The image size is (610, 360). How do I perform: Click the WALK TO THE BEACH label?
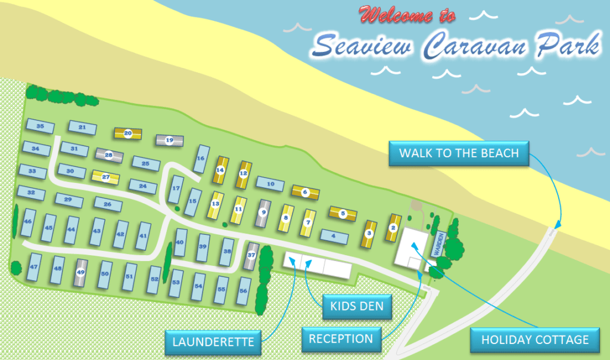pyautogui.click(x=459, y=153)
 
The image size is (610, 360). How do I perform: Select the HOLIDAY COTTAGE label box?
pyautogui.click(x=534, y=340)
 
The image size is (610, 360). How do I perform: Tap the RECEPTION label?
pyautogui.click(x=341, y=339)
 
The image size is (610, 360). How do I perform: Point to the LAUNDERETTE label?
pyautogui.click(x=213, y=342)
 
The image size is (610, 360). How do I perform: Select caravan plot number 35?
pyautogui.click(x=41, y=126)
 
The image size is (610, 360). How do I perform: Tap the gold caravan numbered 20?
pyautogui.click(x=128, y=134)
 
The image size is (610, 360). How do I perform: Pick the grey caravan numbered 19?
pyautogui.click(x=169, y=141)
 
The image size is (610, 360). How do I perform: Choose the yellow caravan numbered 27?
pyautogui.click(x=106, y=177)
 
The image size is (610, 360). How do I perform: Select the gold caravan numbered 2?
pyautogui.click(x=393, y=228)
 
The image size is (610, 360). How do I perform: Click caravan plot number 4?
pyautogui.click(x=334, y=237)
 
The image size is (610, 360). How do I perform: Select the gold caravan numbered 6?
pyautogui.click(x=305, y=192)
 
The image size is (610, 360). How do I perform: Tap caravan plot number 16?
pyautogui.click(x=201, y=159)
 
